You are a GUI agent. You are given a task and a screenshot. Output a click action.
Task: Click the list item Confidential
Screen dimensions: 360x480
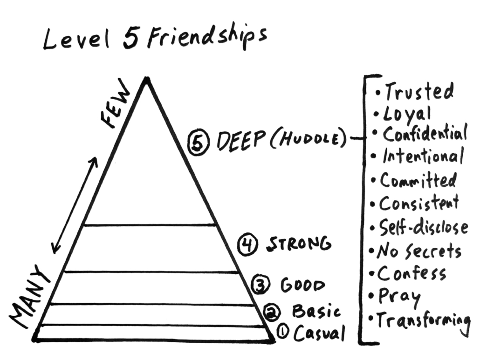click(x=425, y=134)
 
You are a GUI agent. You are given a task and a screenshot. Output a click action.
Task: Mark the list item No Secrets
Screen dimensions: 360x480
click(x=419, y=251)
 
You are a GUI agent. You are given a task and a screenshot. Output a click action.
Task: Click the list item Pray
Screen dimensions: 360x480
click(x=399, y=296)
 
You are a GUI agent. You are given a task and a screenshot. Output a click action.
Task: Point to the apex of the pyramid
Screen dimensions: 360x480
click(x=146, y=80)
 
